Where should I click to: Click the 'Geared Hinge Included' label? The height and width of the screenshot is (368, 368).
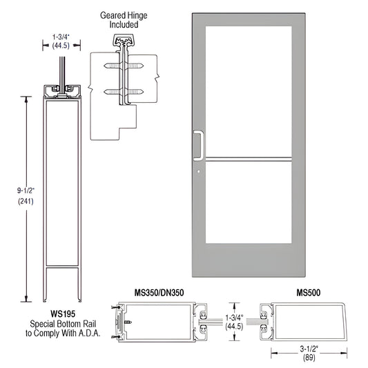pos(124,19)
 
